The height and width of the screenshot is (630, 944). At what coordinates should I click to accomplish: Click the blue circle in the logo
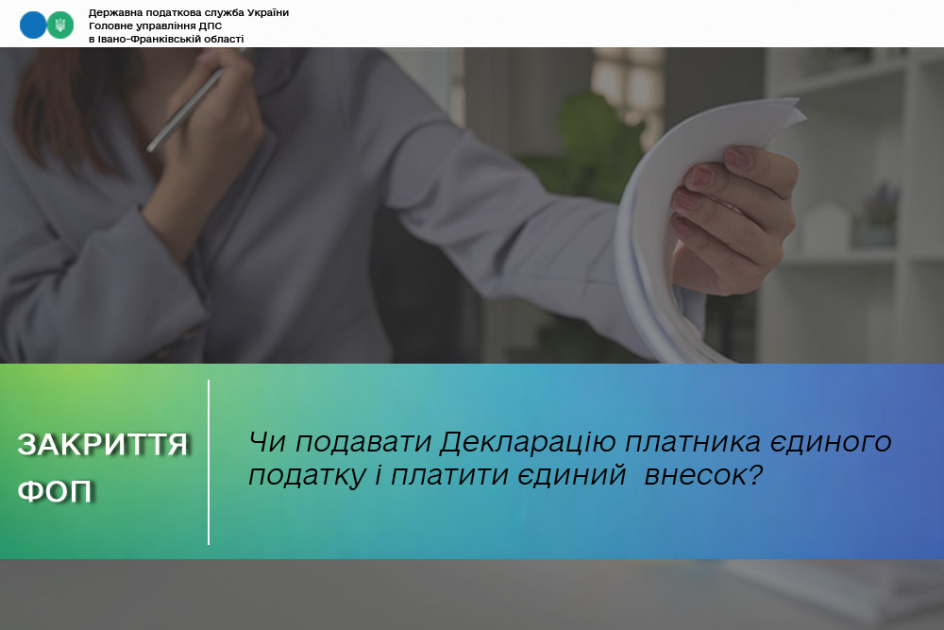tap(32, 26)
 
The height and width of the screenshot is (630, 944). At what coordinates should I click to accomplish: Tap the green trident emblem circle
tap(60, 26)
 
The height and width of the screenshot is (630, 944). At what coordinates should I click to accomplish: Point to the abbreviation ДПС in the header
tap(210, 26)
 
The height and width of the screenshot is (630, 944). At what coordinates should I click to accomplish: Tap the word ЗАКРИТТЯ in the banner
tap(102, 445)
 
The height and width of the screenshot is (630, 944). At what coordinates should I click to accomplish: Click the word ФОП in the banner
tap(54, 491)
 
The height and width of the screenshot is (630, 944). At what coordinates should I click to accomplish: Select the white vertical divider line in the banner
tap(209, 462)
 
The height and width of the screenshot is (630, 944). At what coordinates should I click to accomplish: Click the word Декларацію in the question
tap(528, 442)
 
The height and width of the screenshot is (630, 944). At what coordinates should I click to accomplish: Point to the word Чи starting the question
tap(268, 442)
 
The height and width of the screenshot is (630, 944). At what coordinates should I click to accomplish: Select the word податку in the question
tap(307, 476)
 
